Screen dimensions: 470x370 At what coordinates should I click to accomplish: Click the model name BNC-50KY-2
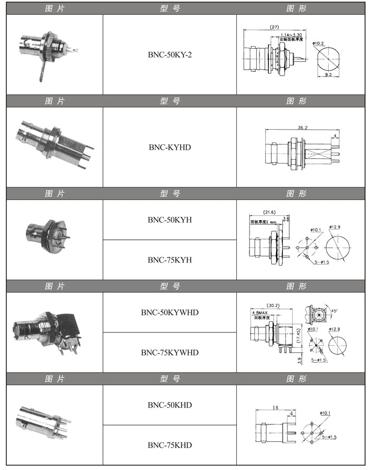[170, 55]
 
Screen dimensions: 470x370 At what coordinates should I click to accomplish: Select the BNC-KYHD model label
[170, 147]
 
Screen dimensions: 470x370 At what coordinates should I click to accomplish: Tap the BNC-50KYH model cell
[170, 220]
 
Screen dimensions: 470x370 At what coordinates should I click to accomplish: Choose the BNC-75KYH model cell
[170, 259]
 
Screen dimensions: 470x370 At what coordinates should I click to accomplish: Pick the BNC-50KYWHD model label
[170, 312]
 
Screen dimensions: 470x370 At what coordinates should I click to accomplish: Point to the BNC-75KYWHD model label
[170, 352]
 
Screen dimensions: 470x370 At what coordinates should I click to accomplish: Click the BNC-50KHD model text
[170, 405]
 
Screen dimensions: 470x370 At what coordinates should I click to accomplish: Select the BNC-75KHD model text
[170, 445]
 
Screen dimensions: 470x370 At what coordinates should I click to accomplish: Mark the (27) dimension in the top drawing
[274, 27]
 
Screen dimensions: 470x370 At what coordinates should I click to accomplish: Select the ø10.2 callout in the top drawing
[318, 43]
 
